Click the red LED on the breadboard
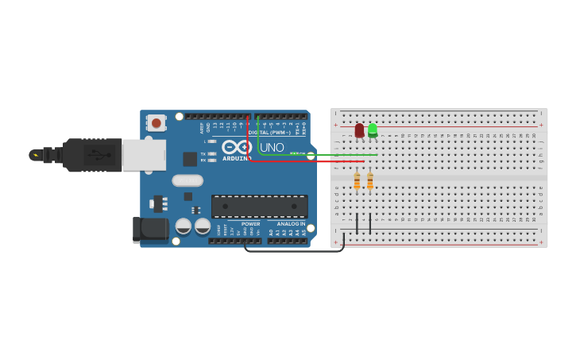pos(359,130)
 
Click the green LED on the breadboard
pos(373,130)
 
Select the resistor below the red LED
pos(357,181)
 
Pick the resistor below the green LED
pos(369,181)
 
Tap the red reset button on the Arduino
pos(157,122)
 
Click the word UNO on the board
pos(272,147)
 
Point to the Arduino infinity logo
pos(237,147)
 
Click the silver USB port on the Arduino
pos(144,155)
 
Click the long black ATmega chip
pos(259,207)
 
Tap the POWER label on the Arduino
pos(250,224)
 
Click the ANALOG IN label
pos(291,224)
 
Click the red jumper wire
pos(302,161)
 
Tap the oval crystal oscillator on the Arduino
pos(187,180)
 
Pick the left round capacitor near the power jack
pos(184,226)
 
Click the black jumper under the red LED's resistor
pos(357,224)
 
